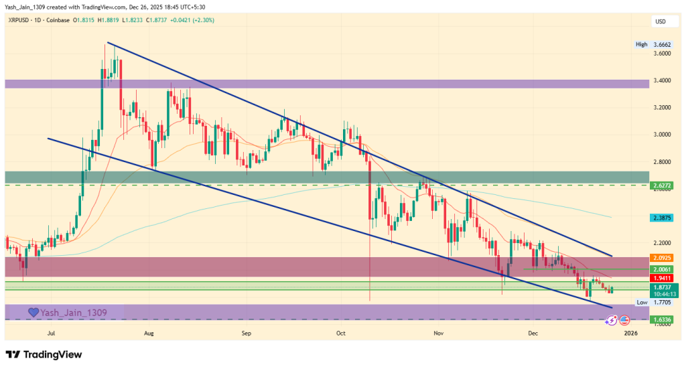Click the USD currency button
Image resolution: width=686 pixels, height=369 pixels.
click(x=661, y=22)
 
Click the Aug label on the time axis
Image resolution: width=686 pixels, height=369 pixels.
click(x=149, y=332)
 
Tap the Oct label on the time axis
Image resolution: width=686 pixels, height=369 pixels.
click(x=340, y=332)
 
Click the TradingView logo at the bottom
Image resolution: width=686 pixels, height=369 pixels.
click(x=44, y=354)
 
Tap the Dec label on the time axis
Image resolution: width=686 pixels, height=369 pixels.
click(x=533, y=332)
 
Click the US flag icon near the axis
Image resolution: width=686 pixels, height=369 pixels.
click(x=624, y=320)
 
